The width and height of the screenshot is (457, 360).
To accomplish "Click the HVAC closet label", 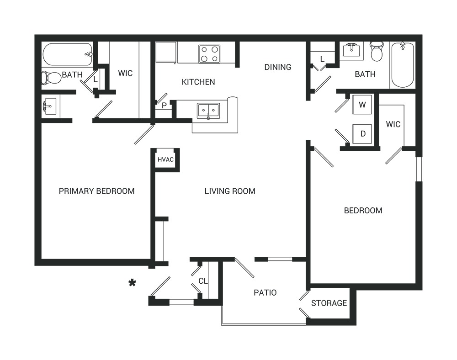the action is [x=165, y=159].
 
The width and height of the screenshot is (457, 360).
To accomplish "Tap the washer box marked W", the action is [x=362, y=105].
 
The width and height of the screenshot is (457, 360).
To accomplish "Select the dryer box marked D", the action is [x=362, y=134].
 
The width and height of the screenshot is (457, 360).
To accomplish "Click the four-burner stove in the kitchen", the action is [x=209, y=54].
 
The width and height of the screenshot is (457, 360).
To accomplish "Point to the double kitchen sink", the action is [x=208, y=111].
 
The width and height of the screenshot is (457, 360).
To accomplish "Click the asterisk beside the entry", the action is [x=133, y=282].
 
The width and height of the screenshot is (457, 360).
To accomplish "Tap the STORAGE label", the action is [x=329, y=303].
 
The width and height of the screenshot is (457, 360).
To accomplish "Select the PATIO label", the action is [x=265, y=292].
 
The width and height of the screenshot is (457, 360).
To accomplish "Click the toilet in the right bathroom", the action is [x=377, y=52].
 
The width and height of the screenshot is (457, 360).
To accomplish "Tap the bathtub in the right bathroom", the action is [x=403, y=65].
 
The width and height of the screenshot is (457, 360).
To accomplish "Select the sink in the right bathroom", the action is [x=351, y=50].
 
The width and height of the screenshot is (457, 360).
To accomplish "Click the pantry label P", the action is [x=164, y=106].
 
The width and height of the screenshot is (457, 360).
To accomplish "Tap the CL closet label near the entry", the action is [x=203, y=281].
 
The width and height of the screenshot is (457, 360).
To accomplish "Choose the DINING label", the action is [x=278, y=67].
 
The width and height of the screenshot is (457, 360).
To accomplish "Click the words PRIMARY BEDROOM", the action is [x=97, y=191].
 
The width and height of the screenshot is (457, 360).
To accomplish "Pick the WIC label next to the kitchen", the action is [x=125, y=73].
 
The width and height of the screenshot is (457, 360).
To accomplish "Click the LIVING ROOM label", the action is [x=230, y=191].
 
